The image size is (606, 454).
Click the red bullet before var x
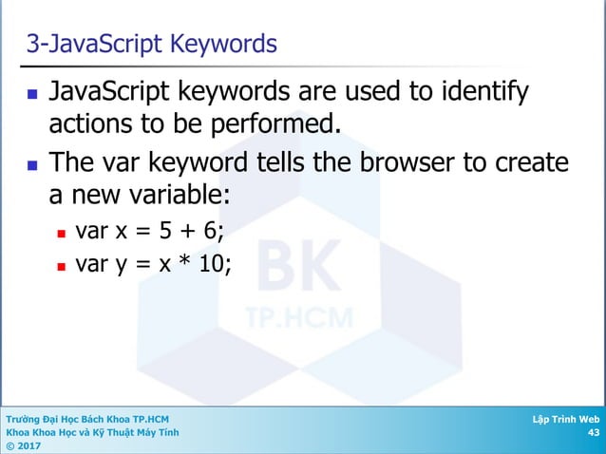(61, 232)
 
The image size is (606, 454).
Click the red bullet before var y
(61, 266)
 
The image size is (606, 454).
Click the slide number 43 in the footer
(594, 432)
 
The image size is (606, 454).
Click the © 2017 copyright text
(24, 445)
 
